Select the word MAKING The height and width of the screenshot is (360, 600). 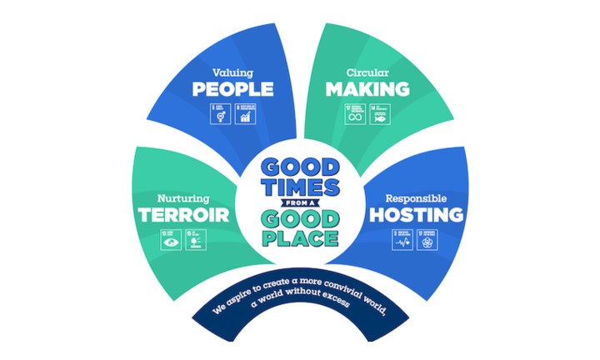367,88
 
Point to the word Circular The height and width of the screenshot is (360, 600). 367,72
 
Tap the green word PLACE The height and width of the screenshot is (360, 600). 300,238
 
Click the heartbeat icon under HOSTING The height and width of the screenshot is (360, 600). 403,241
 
